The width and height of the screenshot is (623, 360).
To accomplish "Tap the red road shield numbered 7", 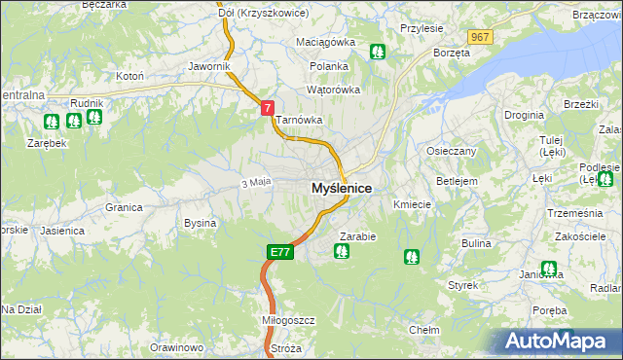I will [x=267, y=110].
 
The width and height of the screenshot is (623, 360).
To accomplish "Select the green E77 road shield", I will [x=279, y=252].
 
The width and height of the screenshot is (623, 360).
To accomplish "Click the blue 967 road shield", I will [x=478, y=36].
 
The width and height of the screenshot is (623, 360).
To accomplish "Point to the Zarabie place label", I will [x=357, y=235].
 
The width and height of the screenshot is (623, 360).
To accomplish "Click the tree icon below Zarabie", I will [x=342, y=252].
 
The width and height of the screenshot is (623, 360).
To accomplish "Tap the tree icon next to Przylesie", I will [x=378, y=52].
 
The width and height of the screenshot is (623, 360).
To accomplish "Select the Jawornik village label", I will [x=209, y=66].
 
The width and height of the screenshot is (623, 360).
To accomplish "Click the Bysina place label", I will [x=200, y=223].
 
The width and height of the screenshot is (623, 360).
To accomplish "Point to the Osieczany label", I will [x=452, y=151].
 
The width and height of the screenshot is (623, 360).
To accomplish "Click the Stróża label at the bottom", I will [x=287, y=347].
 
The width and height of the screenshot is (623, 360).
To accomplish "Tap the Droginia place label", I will [x=524, y=115].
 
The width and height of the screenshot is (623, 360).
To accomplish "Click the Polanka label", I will [x=329, y=66].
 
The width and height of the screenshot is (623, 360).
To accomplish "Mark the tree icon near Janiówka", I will [x=548, y=269].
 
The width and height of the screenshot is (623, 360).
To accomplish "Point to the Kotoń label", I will [x=129, y=75].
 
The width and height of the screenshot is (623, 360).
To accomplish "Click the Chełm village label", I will [x=423, y=330].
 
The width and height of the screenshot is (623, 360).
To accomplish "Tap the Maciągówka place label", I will [x=326, y=43].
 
